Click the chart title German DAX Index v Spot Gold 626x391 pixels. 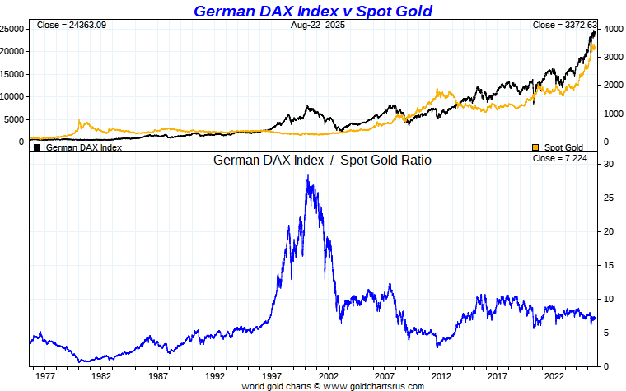tap(312, 11)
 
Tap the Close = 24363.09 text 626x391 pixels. tap(72, 26)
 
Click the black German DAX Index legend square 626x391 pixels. tap(36, 147)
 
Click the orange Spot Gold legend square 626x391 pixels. tap(535, 147)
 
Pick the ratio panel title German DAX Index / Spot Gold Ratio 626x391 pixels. tap(322, 161)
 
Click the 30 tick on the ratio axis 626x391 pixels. tap(605, 164)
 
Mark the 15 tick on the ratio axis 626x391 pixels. tap(605, 265)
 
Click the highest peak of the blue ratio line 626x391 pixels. tap(308, 175)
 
